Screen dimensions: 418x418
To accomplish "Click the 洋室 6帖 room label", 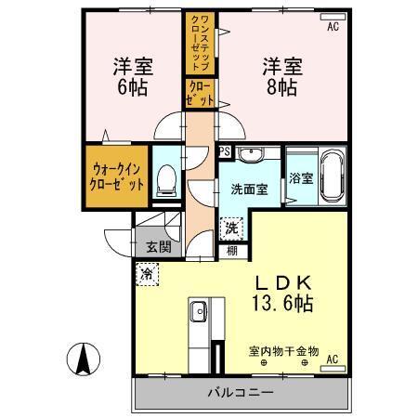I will [133, 77].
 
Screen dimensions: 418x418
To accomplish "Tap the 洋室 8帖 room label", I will [280, 77].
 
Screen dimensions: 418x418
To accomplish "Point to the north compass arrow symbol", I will [83, 357].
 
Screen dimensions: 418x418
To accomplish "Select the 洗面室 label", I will [249, 189].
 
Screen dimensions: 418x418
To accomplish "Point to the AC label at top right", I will [333, 27].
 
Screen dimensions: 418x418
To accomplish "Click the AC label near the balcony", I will [332, 359].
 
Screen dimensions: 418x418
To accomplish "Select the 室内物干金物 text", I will [283, 351].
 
